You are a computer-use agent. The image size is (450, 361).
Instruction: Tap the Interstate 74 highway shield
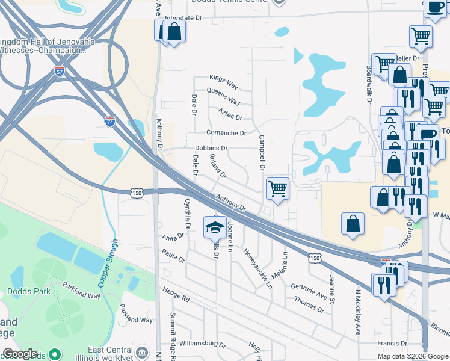(x=109, y=122)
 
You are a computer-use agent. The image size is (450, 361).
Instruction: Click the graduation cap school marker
(x=215, y=226)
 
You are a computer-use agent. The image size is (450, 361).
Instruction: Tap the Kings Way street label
(x=224, y=78)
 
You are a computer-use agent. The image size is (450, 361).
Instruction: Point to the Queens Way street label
(x=223, y=94)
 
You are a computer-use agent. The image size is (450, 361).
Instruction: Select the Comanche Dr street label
(x=226, y=133)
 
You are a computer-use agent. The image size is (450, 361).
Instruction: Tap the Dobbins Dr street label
(x=211, y=148)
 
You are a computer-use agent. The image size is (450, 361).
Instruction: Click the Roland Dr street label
(x=216, y=167)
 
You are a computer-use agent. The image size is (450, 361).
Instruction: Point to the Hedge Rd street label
(x=176, y=294)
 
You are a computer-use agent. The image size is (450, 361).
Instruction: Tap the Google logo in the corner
(x=20, y=354)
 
